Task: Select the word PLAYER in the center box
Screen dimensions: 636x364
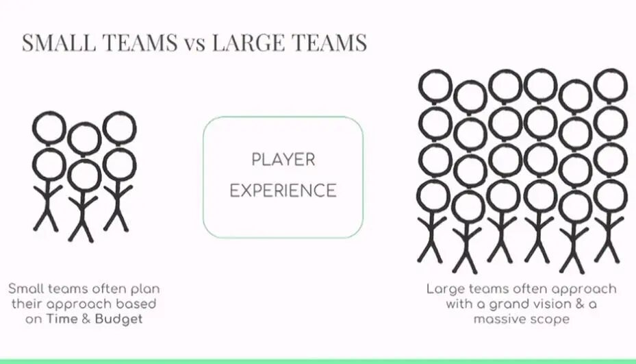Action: [283, 160]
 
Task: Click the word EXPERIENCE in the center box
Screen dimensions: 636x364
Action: [283, 191]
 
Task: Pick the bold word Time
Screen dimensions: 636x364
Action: [63, 319]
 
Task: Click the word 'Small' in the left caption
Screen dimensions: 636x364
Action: [26, 289]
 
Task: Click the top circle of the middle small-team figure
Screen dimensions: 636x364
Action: [84, 139]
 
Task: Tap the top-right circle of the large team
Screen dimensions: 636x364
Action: [610, 85]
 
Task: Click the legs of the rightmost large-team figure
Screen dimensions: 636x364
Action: [609, 247]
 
